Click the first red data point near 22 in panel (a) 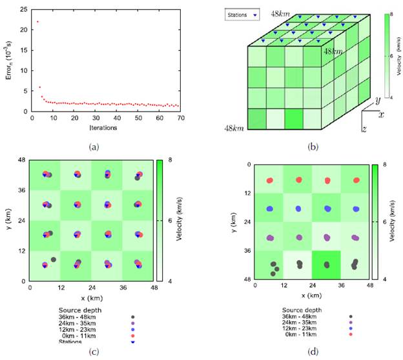pos(37,22)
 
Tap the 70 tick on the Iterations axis pos(180,118)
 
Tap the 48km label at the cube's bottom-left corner pos(234,129)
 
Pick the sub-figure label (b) pos(313,147)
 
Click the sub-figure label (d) pos(313,352)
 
